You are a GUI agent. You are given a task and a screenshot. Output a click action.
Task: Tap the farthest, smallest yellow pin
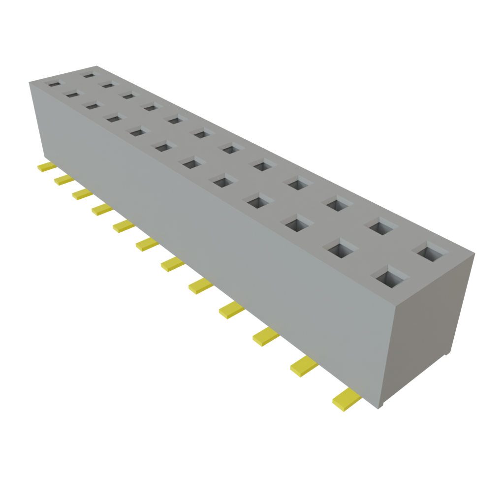[x=46, y=167]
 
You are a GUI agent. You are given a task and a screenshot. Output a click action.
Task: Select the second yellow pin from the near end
[x=303, y=366]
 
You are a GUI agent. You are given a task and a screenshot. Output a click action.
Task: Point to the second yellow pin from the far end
[x=63, y=180]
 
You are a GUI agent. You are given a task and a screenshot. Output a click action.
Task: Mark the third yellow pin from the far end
[x=82, y=194]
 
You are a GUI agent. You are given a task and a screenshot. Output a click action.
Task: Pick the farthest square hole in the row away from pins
[x=89, y=75]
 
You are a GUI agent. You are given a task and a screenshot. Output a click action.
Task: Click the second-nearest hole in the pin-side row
[x=340, y=249]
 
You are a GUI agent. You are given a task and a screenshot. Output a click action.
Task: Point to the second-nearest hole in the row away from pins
[x=382, y=226]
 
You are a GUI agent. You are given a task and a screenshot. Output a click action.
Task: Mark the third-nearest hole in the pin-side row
[x=297, y=224]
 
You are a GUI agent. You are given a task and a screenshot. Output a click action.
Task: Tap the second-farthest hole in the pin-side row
[x=72, y=94]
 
